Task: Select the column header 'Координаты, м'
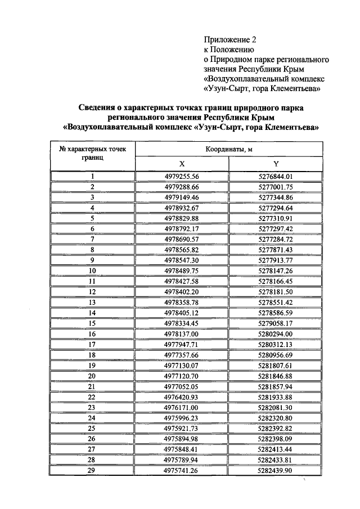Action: click(229, 150)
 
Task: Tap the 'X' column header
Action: click(182, 164)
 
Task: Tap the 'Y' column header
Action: click(276, 164)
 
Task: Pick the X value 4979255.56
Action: click(182, 177)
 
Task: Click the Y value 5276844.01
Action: click(276, 177)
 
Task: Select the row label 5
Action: click(92, 218)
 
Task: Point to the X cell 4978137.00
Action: click(182, 334)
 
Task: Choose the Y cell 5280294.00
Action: click(276, 334)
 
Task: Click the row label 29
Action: click(92, 471)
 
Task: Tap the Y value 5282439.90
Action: click(276, 471)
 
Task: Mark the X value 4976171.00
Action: click(182, 407)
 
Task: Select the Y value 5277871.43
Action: click(276, 249)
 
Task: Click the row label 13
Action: click(92, 302)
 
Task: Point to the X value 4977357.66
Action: click(182, 355)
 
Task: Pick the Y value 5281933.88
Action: click(276, 397)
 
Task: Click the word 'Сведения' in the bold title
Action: click(97, 107)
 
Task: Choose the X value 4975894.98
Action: click(182, 439)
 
